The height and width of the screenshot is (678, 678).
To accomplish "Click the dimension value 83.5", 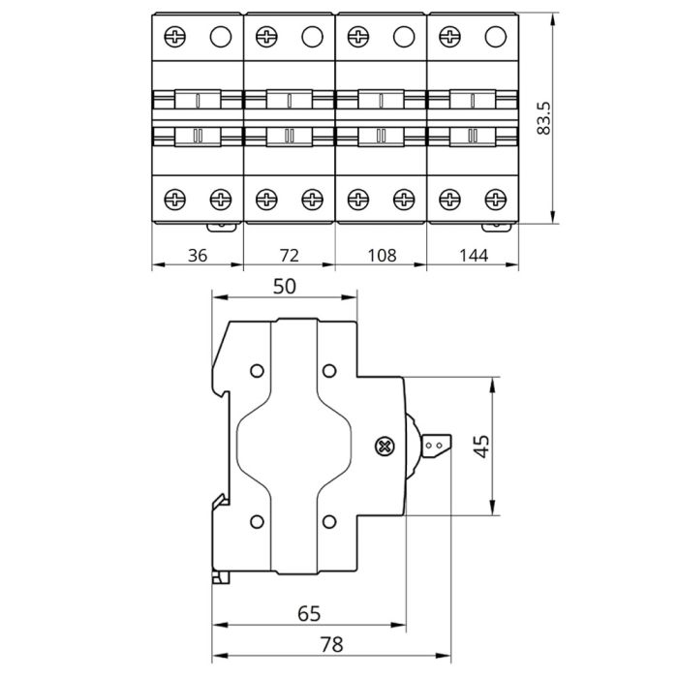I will [x=544, y=117].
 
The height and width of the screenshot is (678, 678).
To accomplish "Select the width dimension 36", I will [x=198, y=256].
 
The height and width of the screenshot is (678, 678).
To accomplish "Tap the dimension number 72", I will [x=289, y=256].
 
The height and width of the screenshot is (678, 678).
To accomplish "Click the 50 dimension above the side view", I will [x=285, y=286].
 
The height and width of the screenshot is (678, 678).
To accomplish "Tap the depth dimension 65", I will [x=309, y=613].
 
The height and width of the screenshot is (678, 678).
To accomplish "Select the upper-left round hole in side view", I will [x=256, y=371].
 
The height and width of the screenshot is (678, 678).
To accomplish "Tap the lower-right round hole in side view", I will [x=327, y=522].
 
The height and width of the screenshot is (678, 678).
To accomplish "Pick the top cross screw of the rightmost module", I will [x=450, y=38].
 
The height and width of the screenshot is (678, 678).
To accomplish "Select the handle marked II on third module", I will [x=381, y=135].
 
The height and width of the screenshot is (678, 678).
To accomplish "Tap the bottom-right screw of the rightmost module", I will [x=495, y=199].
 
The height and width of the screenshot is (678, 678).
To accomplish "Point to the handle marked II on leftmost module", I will [x=198, y=135].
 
